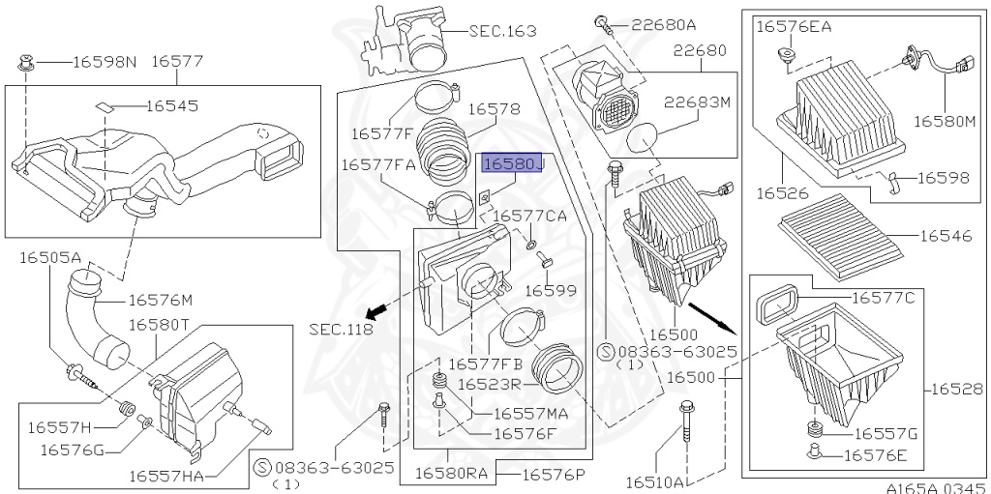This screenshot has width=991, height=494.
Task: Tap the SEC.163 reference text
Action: point(502,31)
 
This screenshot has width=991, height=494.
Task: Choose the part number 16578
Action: point(495,110)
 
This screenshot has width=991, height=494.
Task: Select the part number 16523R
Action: point(491,384)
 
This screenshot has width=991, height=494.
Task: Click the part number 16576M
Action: point(161,301)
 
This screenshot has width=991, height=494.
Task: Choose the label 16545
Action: point(179,104)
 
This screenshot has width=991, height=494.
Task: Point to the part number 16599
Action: point(551,290)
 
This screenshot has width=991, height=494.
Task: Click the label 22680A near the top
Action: point(663,23)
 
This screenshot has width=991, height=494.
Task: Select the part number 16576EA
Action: point(796,26)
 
